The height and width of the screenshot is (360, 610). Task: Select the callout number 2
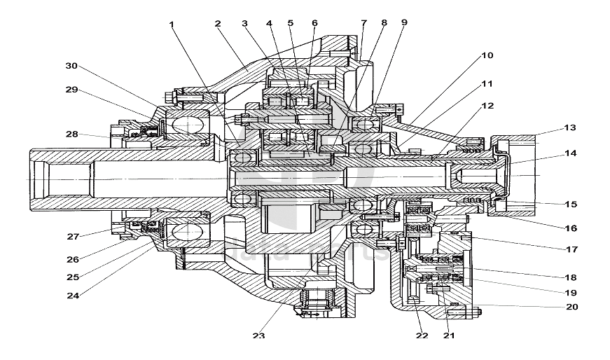coord(218,24)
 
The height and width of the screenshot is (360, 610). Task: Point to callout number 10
coord(487,54)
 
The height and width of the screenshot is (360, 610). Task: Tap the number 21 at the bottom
coord(448,335)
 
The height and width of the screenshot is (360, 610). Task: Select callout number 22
coord(421,335)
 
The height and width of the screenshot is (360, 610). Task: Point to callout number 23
coord(259,335)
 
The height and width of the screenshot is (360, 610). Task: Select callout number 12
coord(487,105)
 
